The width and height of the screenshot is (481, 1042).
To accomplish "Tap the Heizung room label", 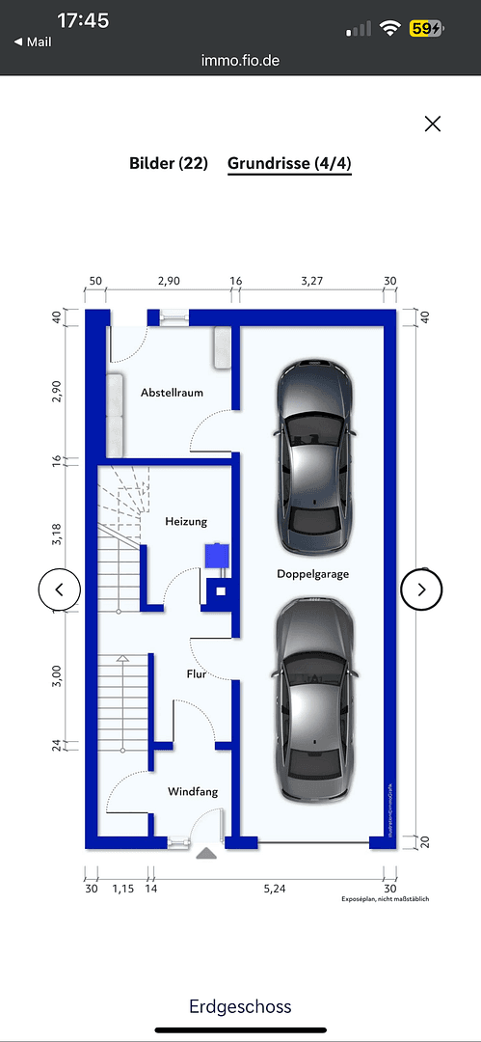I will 186,521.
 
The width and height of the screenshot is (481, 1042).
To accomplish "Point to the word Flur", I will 196,673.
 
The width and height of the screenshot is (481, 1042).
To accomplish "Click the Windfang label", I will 193,791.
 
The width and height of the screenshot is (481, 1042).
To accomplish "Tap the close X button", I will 433,123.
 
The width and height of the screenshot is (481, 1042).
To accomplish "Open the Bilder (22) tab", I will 169,163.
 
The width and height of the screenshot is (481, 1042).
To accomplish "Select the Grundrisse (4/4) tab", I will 289,163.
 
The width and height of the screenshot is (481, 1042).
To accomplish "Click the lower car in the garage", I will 314,700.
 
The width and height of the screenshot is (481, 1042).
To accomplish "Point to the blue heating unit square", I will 217,556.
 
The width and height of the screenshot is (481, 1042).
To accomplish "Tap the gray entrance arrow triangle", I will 206,854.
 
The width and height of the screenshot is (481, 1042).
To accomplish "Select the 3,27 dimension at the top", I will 312,281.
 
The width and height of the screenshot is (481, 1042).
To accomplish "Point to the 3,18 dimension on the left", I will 57,534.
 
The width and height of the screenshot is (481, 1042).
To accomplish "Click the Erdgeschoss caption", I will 240,1007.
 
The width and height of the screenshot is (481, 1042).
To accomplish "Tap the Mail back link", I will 33,41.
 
